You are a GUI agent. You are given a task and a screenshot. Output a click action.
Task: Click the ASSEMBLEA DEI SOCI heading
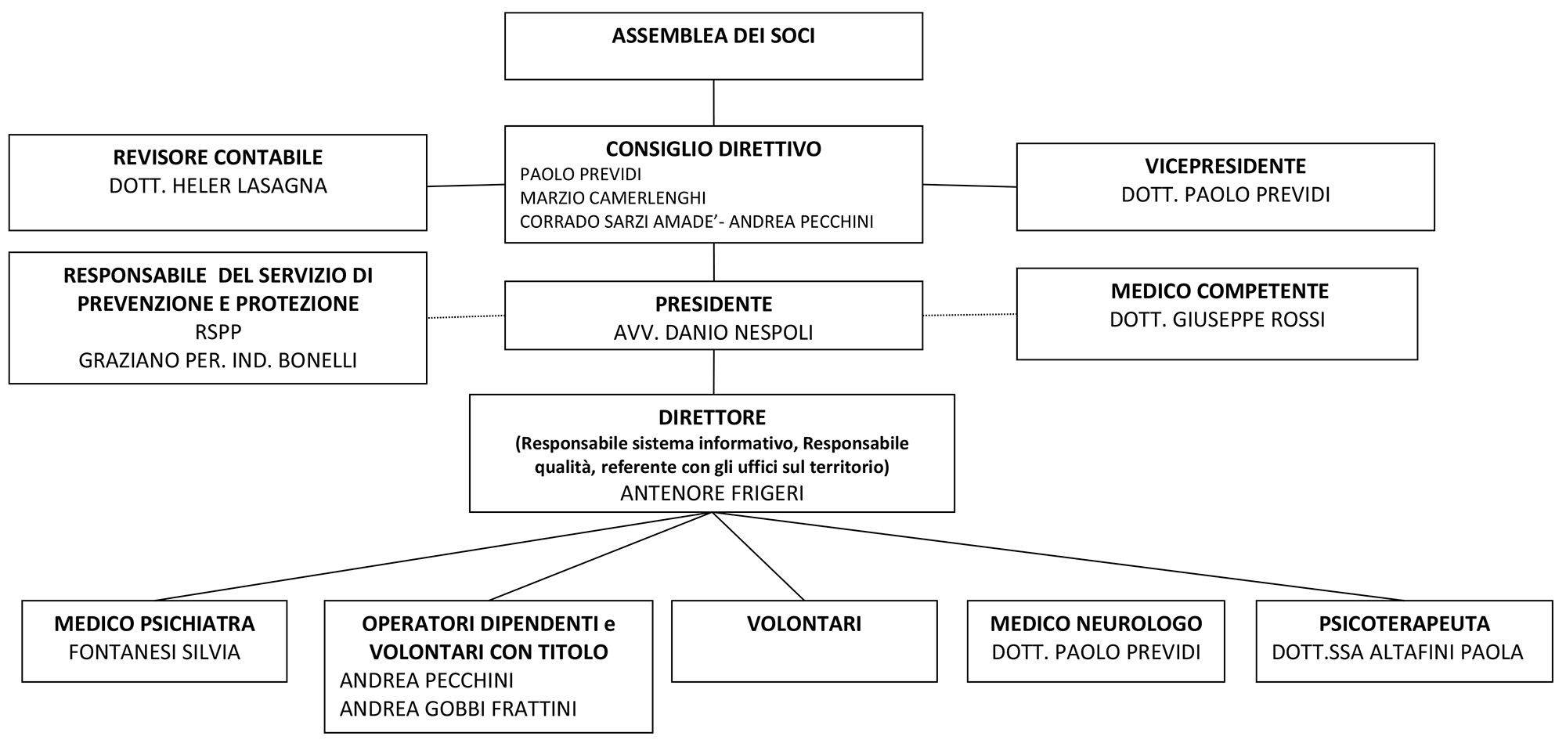coord(713,36)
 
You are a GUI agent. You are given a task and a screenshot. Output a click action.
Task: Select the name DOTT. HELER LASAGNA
coord(218,186)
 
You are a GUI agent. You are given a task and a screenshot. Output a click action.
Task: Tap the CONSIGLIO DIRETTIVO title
coord(713,149)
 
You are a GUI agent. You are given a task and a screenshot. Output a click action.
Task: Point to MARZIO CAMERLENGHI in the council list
coord(613,198)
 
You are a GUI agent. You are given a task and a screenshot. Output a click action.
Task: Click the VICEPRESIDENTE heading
coord(1225,166)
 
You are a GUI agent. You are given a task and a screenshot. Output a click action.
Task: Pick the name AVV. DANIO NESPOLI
coord(713,333)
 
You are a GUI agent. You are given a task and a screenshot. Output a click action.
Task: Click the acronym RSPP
coord(218,332)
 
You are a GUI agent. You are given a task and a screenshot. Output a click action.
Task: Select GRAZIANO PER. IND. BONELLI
coord(218,360)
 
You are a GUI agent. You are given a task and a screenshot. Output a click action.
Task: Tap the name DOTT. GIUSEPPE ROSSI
coord(1217,319)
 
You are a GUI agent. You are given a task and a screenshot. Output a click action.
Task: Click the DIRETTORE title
coord(713,417)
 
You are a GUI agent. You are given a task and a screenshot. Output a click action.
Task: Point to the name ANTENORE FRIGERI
coord(712,493)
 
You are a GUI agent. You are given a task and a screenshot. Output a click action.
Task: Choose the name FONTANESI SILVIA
coord(154,652)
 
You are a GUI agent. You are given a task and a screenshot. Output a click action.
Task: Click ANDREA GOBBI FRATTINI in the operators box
coord(458,709)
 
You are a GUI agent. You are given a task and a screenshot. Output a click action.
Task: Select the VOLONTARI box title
coord(804,624)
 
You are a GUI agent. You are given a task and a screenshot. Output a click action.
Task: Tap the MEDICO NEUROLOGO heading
coord(1096,624)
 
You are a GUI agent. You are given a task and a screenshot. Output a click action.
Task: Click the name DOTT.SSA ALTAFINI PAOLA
coord(1398,652)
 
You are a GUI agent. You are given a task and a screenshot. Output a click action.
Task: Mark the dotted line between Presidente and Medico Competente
coord(970,315)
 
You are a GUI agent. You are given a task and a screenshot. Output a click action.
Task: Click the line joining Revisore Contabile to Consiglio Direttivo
coord(466,186)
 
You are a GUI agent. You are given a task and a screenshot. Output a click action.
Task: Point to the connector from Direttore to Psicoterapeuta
coord(1057,557)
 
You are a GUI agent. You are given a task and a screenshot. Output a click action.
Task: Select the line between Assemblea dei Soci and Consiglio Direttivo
coord(713,103)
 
